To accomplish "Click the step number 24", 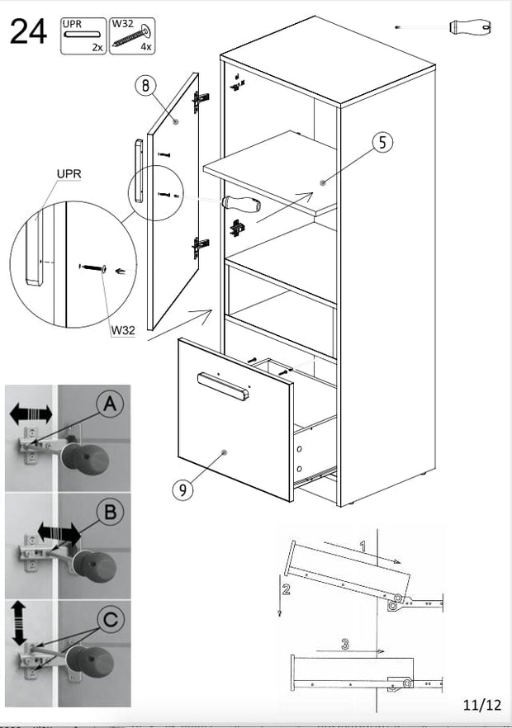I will pos(28,34).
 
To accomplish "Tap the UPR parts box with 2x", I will pos(83,36).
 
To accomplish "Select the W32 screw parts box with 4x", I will pos(131,36).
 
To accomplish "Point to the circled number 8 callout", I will pos(146,87).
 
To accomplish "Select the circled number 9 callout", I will pos(183,489).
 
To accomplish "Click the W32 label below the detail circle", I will pos(122,330).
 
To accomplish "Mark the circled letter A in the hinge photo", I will pos(111,404).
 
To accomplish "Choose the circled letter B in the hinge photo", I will pos(111,512).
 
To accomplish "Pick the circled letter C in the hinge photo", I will pos(111,619).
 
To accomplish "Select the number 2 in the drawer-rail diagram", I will pos(286,589).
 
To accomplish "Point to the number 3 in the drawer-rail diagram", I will pos(344,644).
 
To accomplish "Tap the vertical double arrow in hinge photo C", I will pos(18,623).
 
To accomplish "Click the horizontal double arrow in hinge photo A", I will pos(31,413).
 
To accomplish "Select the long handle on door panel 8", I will pos(139,169).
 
